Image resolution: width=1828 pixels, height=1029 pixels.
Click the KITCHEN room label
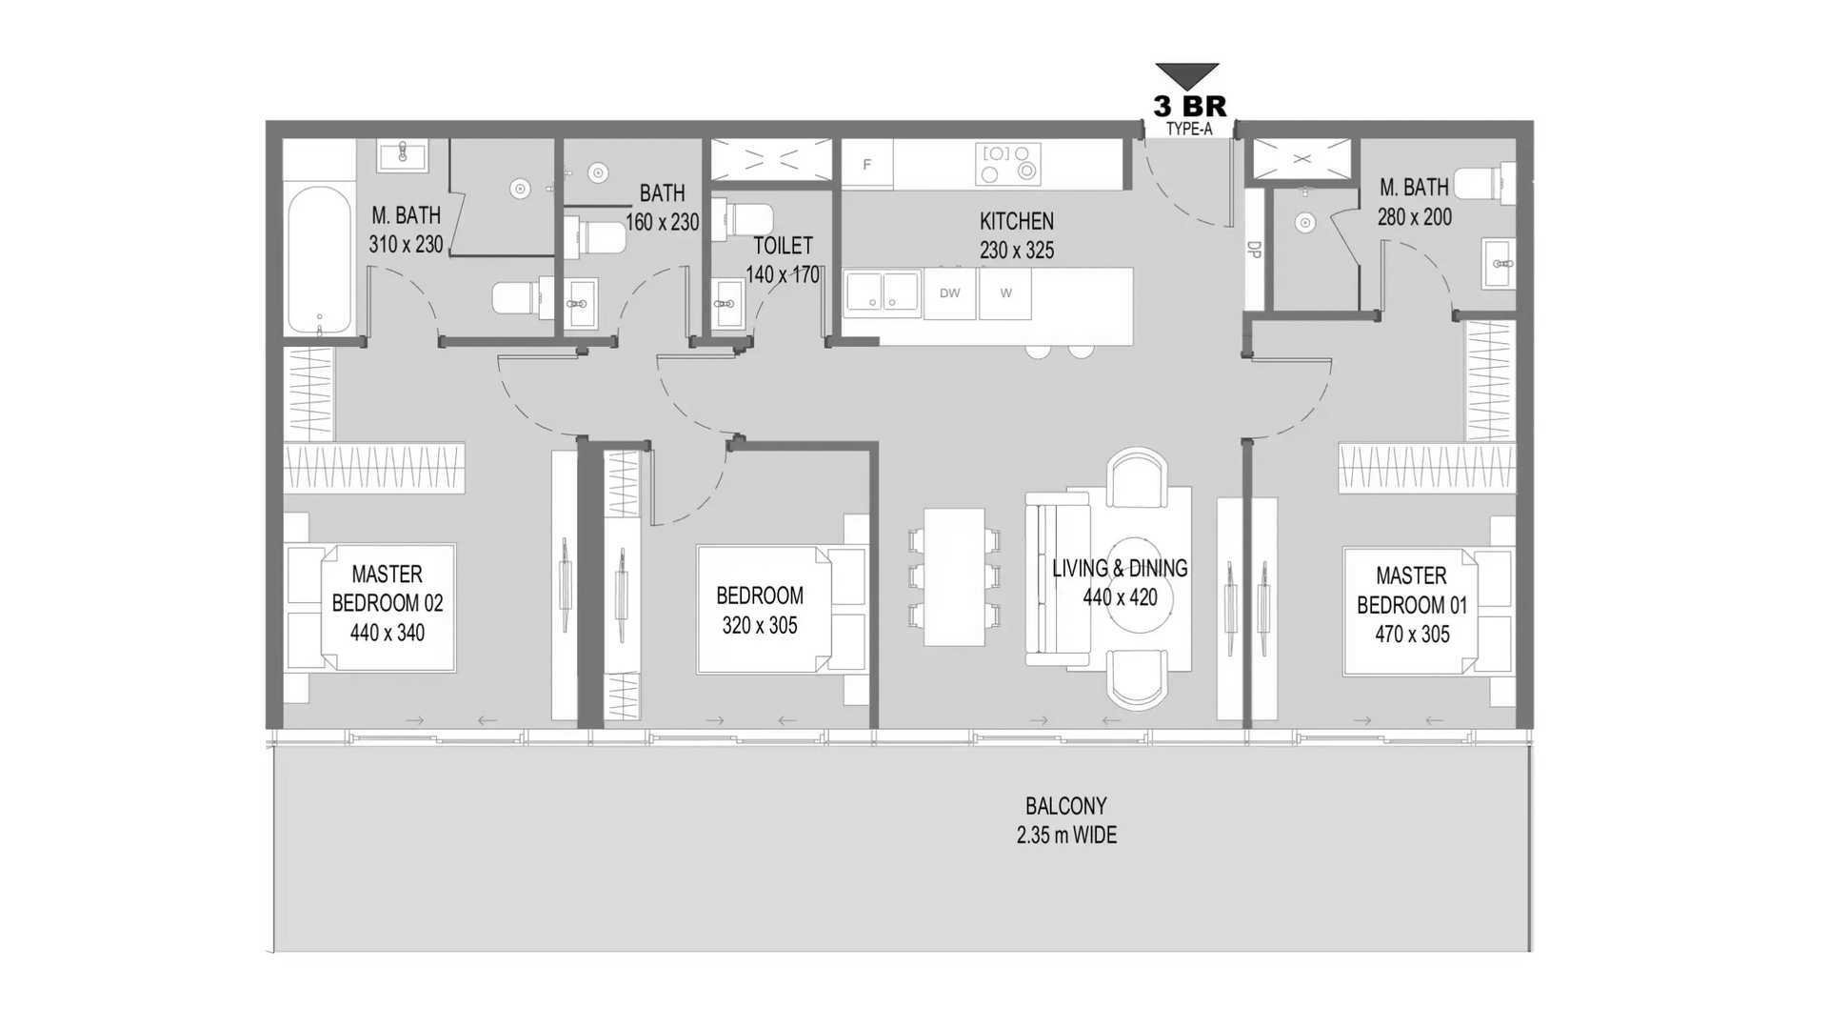click(1017, 221)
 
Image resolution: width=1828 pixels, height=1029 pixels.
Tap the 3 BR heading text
click(1189, 106)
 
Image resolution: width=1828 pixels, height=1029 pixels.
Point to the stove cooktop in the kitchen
click(1008, 164)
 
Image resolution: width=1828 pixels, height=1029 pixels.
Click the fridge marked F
click(866, 164)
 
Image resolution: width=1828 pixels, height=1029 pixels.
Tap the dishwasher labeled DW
click(949, 293)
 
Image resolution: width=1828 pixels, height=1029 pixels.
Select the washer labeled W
click(1005, 293)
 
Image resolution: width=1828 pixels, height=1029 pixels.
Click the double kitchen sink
click(882, 292)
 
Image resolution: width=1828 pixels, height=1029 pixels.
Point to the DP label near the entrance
click(1254, 250)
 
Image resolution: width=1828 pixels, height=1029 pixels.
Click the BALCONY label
click(1066, 806)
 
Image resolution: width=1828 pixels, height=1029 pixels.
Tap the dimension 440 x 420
click(1120, 597)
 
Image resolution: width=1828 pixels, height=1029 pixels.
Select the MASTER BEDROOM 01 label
click(1412, 590)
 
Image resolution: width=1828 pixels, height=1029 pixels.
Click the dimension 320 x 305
click(760, 626)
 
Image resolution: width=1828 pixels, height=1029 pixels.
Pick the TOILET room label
click(783, 246)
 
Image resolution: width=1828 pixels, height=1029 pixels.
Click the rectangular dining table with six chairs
click(954, 576)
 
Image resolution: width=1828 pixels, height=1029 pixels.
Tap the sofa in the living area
click(1057, 578)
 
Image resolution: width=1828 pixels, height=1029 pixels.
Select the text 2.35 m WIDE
click(1066, 836)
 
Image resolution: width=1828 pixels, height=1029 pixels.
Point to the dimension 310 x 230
click(406, 245)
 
